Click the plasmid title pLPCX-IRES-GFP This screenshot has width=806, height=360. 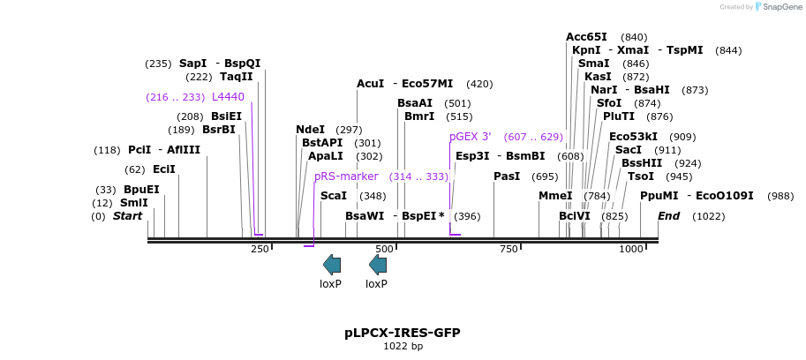[402, 333]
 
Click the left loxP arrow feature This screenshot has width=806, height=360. [332, 264]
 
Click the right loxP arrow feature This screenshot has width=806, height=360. [378, 264]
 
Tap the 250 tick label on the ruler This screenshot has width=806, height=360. [260, 250]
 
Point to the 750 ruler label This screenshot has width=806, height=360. [509, 250]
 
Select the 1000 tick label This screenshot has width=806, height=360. [632, 250]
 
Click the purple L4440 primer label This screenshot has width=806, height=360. [228, 97]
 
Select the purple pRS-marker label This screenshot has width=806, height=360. [346, 176]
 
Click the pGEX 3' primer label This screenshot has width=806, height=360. [470, 137]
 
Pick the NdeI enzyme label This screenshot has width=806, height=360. [310, 130]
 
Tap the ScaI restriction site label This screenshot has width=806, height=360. [334, 196]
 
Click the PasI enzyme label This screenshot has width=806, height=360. [507, 176]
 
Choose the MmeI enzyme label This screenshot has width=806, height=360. [555, 196]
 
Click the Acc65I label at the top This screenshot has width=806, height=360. [586, 37]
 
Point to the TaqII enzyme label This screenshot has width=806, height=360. [237, 77]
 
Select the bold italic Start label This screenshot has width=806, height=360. [127, 216]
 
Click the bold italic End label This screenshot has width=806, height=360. [669, 216]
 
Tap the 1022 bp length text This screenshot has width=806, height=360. [403, 347]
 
